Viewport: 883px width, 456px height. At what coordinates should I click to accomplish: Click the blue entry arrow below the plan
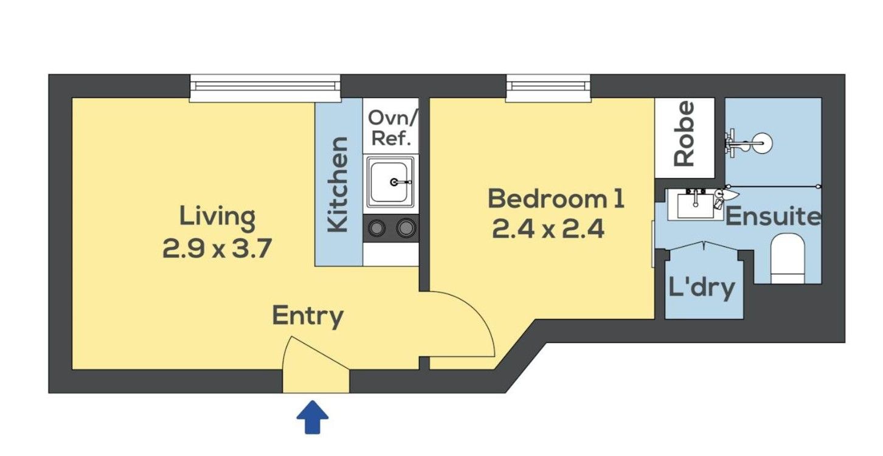click(312, 417)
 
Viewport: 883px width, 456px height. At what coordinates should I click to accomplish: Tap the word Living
click(217, 217)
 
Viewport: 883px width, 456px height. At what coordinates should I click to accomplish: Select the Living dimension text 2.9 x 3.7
click(217, 249)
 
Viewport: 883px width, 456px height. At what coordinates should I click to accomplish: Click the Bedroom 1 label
click(556, 199)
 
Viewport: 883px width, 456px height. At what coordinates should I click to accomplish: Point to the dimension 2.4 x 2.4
click(548, 229)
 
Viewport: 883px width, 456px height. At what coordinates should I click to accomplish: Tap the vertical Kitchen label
click(338, 184)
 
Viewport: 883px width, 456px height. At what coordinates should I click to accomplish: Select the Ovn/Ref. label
click(391, 128)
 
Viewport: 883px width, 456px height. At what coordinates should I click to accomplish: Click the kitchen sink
click(390, 182)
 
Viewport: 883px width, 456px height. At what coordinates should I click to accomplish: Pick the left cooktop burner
click(376, 227)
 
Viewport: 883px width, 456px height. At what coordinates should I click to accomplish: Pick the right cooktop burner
click(406, 227)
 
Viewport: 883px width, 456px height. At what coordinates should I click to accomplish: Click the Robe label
click(684, 134)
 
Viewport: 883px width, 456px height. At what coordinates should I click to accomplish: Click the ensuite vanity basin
click(696, 204)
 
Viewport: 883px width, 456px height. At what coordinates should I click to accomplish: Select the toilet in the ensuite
click(787, 258)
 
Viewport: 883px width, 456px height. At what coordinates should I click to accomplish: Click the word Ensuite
click(774, 216)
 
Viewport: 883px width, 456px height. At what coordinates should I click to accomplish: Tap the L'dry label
click(702, 288)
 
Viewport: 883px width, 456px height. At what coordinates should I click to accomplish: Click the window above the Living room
click(265, 88)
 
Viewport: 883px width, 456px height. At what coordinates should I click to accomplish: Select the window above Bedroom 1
click(549, 88)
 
